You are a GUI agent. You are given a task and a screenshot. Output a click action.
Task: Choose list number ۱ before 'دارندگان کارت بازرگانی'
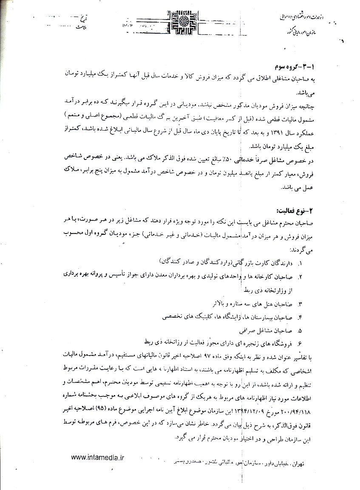[x=300, y=264]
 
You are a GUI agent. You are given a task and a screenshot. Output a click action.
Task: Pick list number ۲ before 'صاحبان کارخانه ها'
[x=300, y=277]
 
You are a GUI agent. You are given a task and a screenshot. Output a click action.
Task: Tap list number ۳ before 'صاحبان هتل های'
[x=300, y=305]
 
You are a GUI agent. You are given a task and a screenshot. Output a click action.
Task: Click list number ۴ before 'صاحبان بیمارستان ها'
[x=300, y=317]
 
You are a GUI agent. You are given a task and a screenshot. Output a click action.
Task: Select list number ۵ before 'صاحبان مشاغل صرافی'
[x=300, y=330]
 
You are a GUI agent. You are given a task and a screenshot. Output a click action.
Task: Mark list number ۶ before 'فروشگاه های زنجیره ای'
[x=300, y=343]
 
